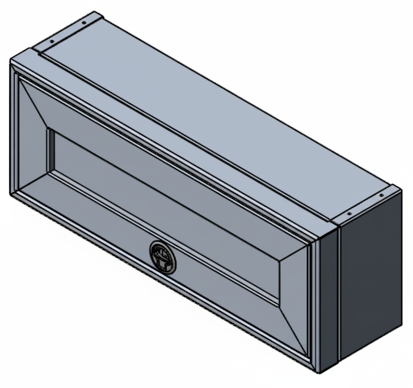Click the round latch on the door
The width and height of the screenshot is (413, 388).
(163, 257)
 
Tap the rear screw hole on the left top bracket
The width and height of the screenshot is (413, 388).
(83, 23)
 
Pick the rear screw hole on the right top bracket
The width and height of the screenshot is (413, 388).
(381, 195)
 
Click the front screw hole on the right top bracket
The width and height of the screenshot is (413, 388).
(349, 213)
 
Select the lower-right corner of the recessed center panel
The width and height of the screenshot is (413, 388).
(279, 305)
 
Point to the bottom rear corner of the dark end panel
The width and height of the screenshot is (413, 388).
(402, 325)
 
